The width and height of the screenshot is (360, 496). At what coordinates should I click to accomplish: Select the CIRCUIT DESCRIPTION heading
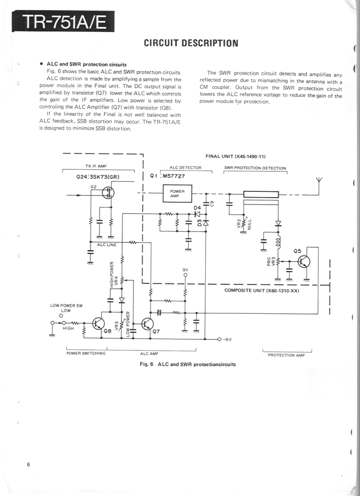pyautogui.click(x=191, y=43)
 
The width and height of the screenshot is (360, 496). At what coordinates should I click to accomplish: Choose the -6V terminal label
pyautogui.click(x=226, y=340)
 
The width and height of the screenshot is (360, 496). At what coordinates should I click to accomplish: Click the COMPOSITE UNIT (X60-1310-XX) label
pyautogui.click(x=262, y=290)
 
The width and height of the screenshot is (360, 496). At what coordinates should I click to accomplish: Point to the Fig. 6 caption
pyautogui.click(x=188, y=364)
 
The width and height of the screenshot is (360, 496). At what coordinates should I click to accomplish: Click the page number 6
pyautogui.click(x=28, y=464)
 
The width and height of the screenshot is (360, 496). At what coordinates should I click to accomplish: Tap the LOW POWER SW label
pyautogui.click(x=67, y=305)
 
